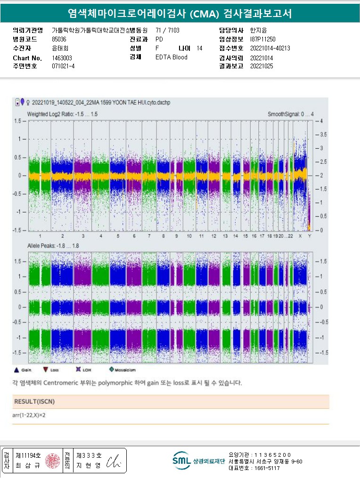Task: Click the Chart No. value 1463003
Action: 62,58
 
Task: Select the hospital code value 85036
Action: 59,40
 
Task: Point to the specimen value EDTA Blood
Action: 171,57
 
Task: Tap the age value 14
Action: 199,49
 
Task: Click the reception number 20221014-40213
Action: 270,49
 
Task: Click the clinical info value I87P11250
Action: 262,40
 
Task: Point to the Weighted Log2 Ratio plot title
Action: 62,114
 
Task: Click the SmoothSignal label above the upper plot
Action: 291,114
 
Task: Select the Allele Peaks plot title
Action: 53,246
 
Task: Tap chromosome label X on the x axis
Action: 300,235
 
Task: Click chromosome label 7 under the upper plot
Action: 149,235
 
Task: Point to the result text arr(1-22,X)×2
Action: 29,415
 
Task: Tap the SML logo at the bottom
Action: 181,461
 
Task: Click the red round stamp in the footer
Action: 53,460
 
